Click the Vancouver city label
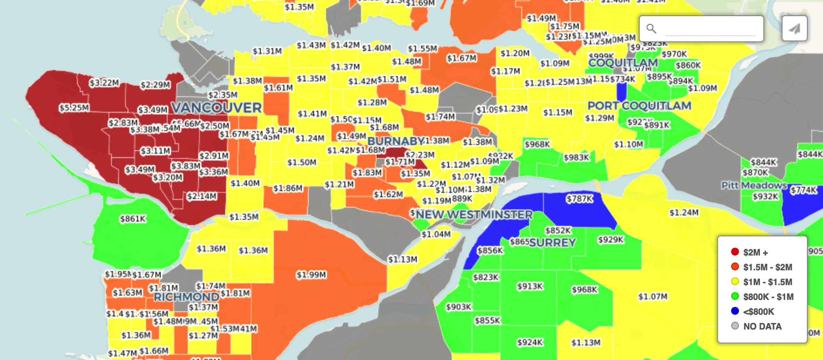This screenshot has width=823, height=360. (216, 108)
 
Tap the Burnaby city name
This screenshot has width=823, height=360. (395, 141)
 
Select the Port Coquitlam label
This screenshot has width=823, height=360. (639, 106)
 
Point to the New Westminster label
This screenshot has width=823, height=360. (474, 215)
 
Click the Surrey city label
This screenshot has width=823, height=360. (553, 242)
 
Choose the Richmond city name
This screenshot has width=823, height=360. (186, 297)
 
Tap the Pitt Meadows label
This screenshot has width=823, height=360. (754, 185)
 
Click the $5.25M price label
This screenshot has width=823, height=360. (74, 108)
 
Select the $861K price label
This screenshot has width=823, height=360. (133, 219)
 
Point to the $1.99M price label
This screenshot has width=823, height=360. (311, 275)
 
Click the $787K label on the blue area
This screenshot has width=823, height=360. (579, 199)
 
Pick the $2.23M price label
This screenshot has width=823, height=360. (420, 155)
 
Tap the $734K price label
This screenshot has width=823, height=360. (623, 79)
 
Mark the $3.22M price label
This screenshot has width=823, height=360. (104, 83)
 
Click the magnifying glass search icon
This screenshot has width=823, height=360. (651, 29)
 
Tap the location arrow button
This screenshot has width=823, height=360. (794, 29)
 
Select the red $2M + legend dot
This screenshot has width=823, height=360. (735, 252)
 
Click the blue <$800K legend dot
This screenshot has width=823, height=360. (735, 311)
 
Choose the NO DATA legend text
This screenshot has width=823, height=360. (762, 326)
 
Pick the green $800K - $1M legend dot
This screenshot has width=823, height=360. (735, 296)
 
